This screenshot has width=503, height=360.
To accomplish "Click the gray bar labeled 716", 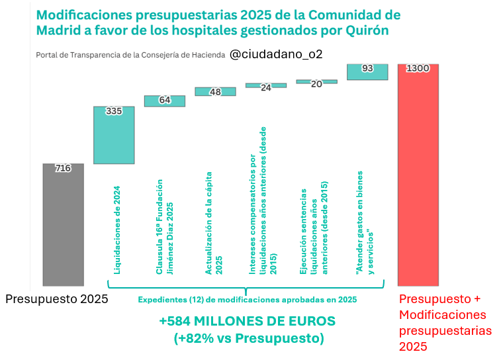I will (64, 225).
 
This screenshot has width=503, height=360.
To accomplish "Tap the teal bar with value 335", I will (114, 135).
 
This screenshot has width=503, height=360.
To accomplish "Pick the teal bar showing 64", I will (165, 101).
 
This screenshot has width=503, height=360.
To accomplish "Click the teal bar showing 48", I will (215, 91).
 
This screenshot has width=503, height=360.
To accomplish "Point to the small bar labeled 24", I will (266, 85).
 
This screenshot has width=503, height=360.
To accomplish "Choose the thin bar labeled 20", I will (316, 82).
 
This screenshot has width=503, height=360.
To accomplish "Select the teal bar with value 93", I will (367, 72).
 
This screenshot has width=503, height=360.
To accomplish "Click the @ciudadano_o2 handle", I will (276, 54).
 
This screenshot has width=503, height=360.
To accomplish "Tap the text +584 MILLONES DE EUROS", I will (248, 321).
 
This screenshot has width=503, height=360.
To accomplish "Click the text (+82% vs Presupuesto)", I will (248, 338).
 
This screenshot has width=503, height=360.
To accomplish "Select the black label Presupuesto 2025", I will (56, 299).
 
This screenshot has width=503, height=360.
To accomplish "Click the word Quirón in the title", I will (365, 30).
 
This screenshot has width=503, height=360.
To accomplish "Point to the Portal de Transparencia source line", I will (129, 55).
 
